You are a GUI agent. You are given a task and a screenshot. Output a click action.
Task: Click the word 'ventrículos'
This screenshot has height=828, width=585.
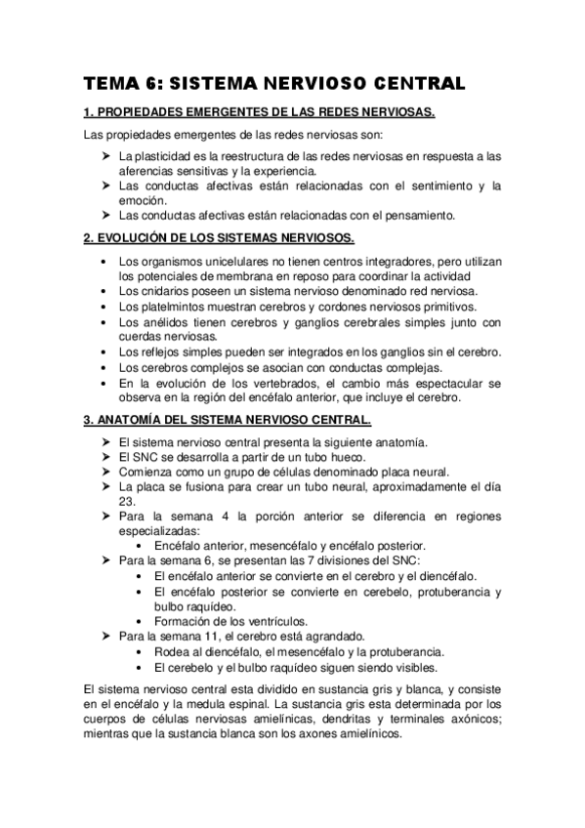pos(272,620)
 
